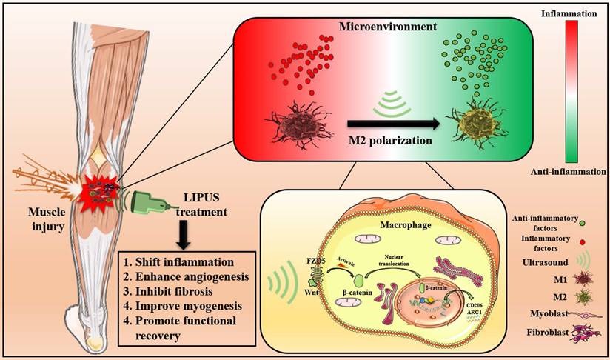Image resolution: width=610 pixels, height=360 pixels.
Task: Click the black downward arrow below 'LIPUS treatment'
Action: click(181, 236)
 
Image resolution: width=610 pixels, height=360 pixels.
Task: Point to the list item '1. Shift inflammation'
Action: click(176, 262)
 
